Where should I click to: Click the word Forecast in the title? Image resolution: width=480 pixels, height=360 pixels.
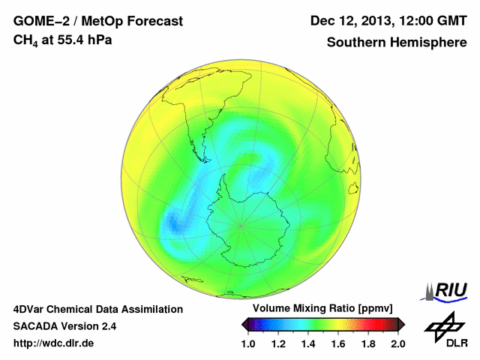pyautogui.click(x=149, y=21)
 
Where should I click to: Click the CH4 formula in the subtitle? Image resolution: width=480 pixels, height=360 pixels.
pyautogui.click(x=25, y=40)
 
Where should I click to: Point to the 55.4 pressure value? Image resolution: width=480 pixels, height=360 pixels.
pyautogui.click(x=67, y=39)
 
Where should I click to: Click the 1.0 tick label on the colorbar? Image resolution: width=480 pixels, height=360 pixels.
pyautogui.click(x=248, y=343)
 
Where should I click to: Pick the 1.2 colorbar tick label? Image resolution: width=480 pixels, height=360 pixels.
pyautogui.click(x=278, y=343)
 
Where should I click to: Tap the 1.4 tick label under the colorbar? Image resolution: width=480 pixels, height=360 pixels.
pyautogui.click(x=308, y=343)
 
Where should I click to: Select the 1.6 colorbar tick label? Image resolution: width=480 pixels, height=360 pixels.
pyautogui.click(x=338, y=343)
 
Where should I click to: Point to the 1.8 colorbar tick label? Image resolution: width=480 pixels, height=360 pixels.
pyautogui.click(x=368, y=343)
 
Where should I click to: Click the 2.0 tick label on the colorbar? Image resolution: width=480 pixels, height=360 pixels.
pyautogui.click(x=398, y=343)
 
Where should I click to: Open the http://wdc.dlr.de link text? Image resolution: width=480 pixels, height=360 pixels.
pyautogui.click(x=54, y=343)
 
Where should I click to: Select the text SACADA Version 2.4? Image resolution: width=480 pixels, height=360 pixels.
pyautogui.click(x=64, y=326)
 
